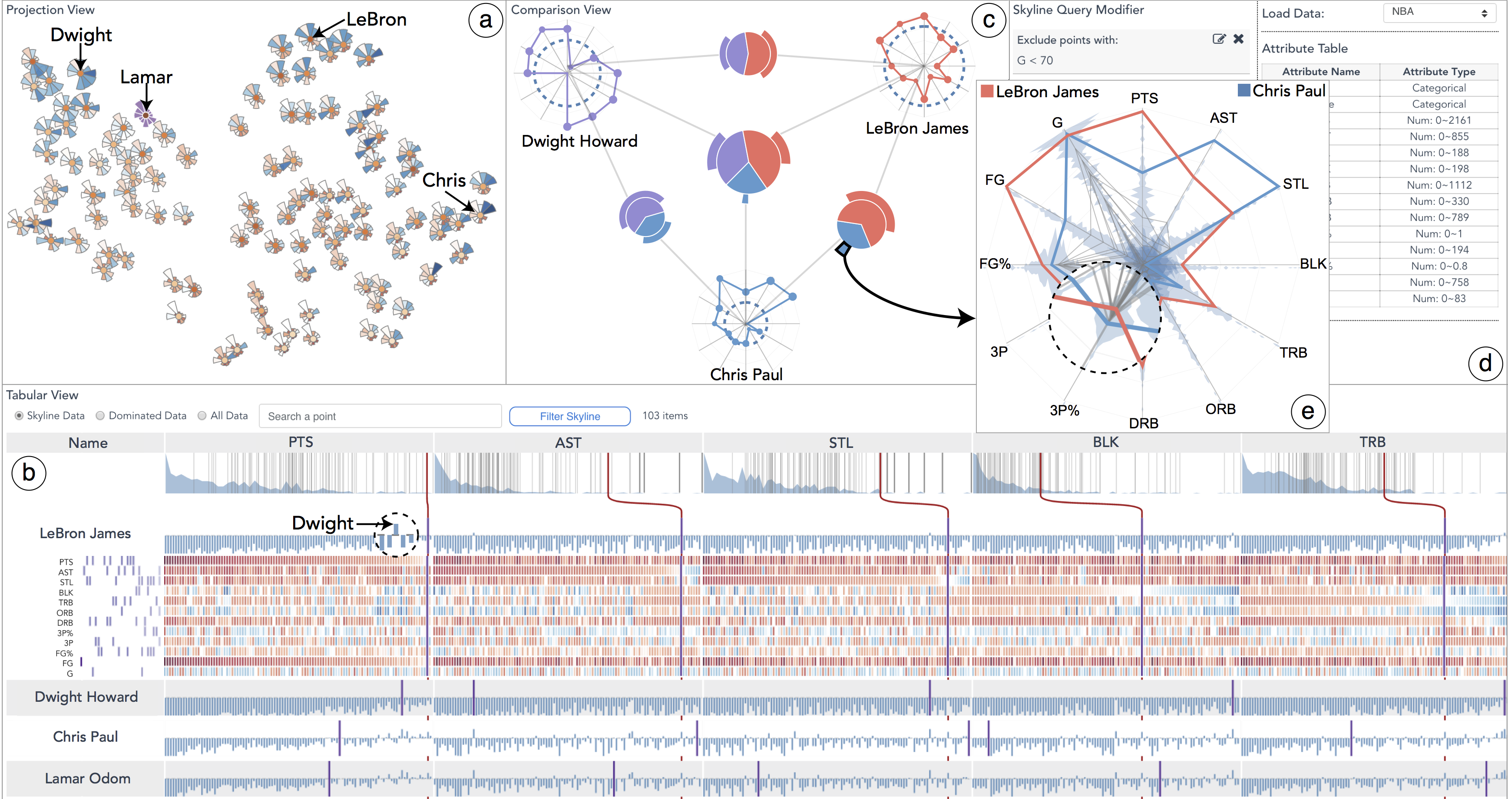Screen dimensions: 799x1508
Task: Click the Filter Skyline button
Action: tap(569, 416)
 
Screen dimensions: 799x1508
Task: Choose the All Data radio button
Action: tap(202, 415)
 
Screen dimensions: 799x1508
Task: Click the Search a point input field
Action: tap(379, 416)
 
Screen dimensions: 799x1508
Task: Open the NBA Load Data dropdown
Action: tap(1439, 12)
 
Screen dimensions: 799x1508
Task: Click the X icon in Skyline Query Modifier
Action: tap(1238, 39)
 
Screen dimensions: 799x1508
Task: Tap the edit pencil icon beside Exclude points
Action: tap(1219, 39)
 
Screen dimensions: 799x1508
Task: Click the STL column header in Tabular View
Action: tap(840, 443)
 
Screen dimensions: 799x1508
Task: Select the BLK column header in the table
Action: tap(1105, 442)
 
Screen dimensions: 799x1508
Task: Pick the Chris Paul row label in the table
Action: tap(86, 737)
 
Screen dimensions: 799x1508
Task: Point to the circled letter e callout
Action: tap(1308, 411)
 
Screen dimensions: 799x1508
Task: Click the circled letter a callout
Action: tap(485, 20)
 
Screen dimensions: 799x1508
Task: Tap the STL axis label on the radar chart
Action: tap(1295, 184)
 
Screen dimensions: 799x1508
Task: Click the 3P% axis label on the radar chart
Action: tap(1064, 410)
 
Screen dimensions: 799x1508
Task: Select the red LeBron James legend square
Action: tap(987, 91)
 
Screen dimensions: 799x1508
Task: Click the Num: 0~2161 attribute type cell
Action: tap(1439, 120)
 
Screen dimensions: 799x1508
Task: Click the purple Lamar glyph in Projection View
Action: tap(145, 115)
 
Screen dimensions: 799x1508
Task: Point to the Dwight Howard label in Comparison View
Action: tap(579, 141)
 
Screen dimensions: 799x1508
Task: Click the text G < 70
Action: tap(1035, 60)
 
